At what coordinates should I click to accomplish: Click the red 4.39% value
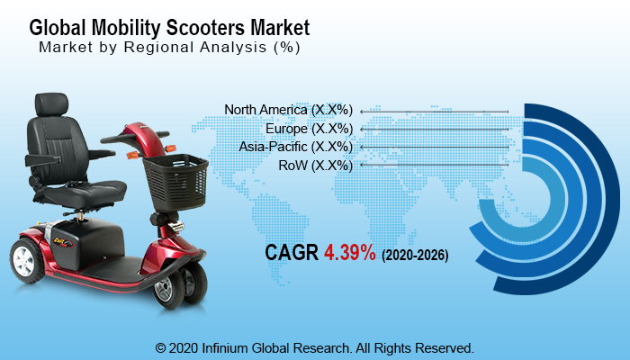click(347, 253)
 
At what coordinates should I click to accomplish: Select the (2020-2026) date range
click(415, 256)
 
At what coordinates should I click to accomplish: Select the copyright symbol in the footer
click(161, 347)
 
